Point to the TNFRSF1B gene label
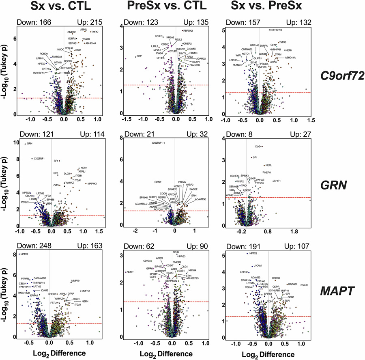pos(280,30)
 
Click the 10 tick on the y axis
pos(14,143)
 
